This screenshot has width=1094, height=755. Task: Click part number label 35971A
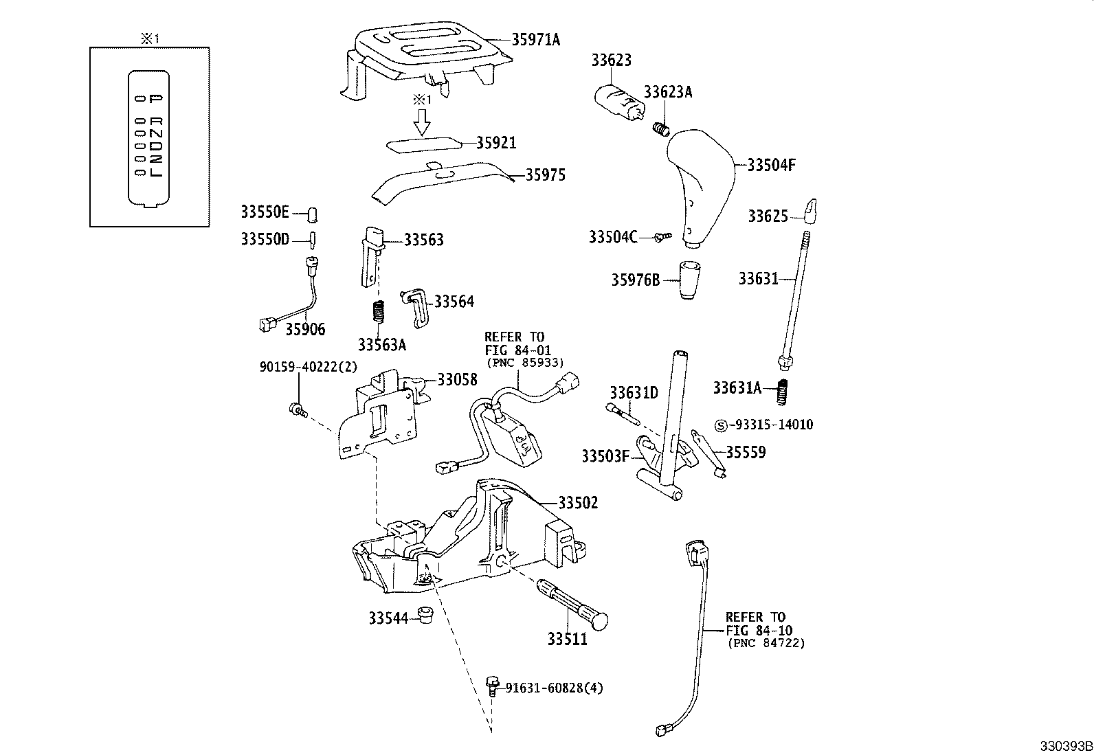[x=535, y=40]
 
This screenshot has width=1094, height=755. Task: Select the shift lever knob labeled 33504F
[x=699, y=182]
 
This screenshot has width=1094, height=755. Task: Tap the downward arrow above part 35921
[x=422, y=122]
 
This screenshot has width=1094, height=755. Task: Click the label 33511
[x=567, y=639]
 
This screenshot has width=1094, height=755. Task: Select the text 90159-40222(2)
[x=309, y=367]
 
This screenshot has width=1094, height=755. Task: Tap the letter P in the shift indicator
[x=156, y=99]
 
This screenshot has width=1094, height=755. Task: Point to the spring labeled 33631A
[x=781, y=392]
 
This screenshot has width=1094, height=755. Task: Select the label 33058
[x=457, y=379]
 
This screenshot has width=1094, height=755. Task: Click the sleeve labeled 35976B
[x=689, y=280]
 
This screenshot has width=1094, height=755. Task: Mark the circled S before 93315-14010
[x=721, y=425]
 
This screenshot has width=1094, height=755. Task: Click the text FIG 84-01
[x=517, y=350]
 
